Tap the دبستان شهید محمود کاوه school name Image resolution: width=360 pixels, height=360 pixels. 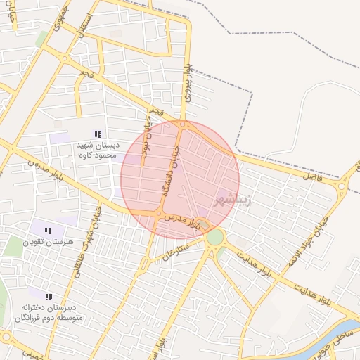[97, 150]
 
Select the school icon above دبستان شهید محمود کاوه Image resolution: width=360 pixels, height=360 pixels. [98, 134]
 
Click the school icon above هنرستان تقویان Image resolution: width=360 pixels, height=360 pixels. [48, 231]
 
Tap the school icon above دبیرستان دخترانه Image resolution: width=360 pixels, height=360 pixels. [49, 297]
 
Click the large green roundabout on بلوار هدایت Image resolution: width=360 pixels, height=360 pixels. [214, 238]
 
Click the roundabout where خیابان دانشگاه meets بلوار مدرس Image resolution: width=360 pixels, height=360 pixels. [160, 214]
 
